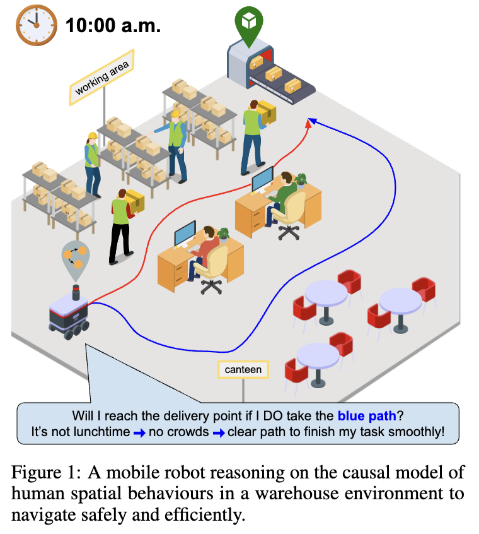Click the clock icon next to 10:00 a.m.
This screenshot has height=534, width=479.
coord(36,26)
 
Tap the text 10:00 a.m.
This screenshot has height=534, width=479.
coord(113,26)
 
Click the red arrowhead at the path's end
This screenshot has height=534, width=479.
coord(308,122)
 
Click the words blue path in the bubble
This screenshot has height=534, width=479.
coord(367,416)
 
